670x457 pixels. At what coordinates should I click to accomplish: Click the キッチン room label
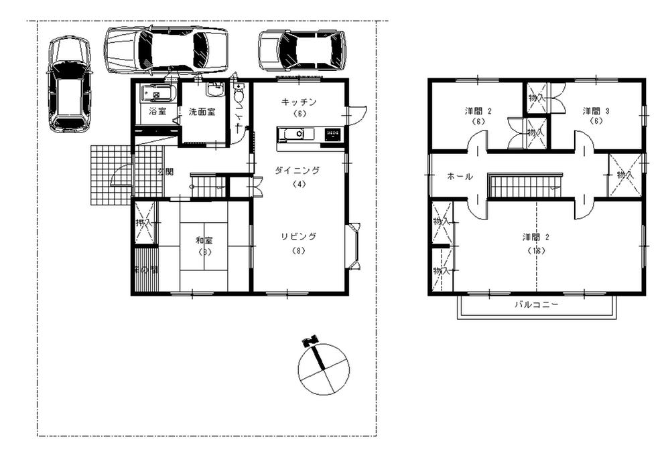299,102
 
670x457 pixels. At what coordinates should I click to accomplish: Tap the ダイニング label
297,171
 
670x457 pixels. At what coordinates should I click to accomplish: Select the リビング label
299,236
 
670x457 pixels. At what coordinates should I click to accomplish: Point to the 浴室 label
157,111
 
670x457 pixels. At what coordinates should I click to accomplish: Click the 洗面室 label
201,111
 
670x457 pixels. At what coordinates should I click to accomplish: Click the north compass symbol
323,367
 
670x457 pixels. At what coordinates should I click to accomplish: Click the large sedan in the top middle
166,50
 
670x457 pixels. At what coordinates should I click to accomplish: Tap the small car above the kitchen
302,50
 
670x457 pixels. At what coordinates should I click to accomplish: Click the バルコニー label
537,304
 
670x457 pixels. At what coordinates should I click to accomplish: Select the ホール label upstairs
460,177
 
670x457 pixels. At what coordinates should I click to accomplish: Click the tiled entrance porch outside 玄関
111,174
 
